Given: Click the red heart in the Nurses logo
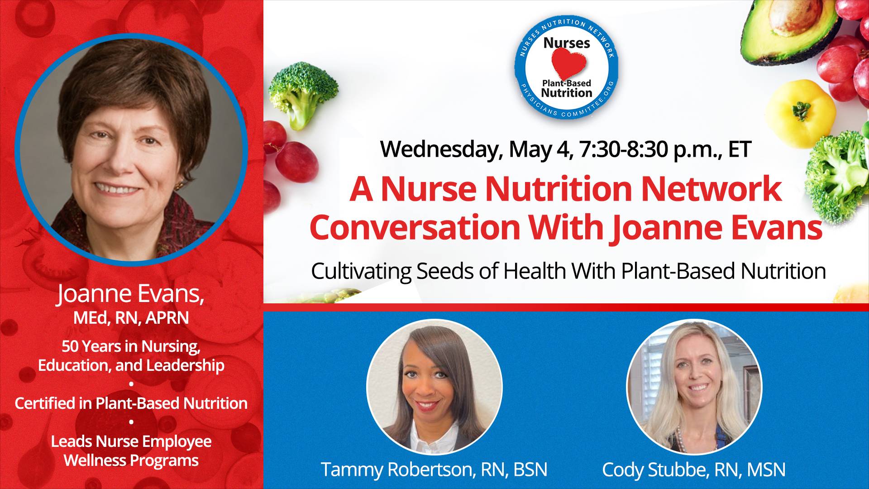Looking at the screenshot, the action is (568, 64).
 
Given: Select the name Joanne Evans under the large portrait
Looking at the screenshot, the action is (131, 294).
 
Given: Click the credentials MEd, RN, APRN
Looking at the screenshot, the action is (131, 318).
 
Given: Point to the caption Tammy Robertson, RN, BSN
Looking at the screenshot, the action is (434, 470).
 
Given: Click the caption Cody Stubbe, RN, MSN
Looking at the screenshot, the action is (694, 470).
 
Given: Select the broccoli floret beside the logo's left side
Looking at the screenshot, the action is (302, 93).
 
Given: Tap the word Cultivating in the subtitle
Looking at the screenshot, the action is (361, 271).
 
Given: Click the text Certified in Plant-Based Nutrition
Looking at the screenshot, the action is (131, 403).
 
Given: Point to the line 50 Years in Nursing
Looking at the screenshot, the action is (131, 346).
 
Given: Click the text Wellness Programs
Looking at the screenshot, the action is (131, 460).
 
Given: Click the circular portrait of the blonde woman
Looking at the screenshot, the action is (694, 387).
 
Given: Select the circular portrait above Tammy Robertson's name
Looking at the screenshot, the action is (434, 387).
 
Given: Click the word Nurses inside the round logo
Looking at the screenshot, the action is (567, 43).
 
